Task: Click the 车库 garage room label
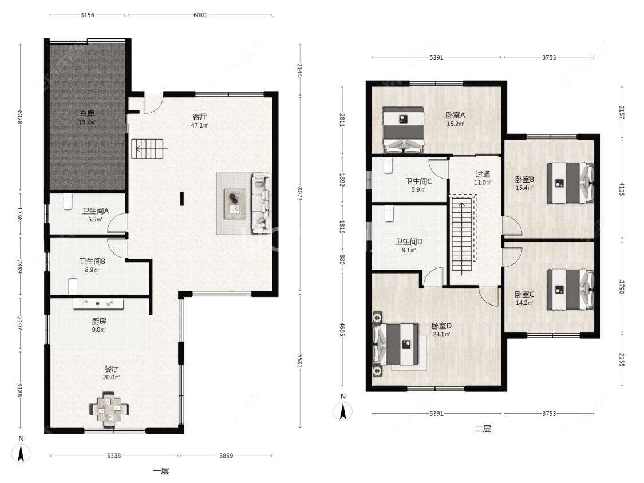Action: (x=86, y=113)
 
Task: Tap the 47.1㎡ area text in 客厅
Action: (x=200, y=126)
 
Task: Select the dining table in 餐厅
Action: (x=109, y=410)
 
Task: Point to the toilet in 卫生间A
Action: (x=68, y=201)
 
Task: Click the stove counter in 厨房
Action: (x=98, y=303)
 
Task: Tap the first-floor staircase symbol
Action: (x=147, y=149)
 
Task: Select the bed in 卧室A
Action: (x=403, y=130)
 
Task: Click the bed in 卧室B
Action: (x=571, y=183)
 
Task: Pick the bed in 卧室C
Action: (x=571, y=290)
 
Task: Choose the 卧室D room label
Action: (x=441, y=326)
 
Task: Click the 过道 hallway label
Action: (x=483, y=174)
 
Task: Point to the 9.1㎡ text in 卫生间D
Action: (x=409, y=250)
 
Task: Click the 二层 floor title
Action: (x=483, y=429)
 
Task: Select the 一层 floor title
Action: (x=161, y=471)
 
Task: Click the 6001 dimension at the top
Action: (x=200, y=15)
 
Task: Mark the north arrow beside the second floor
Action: (x=343, y=411)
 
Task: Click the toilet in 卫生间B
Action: (x=73, y=286)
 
